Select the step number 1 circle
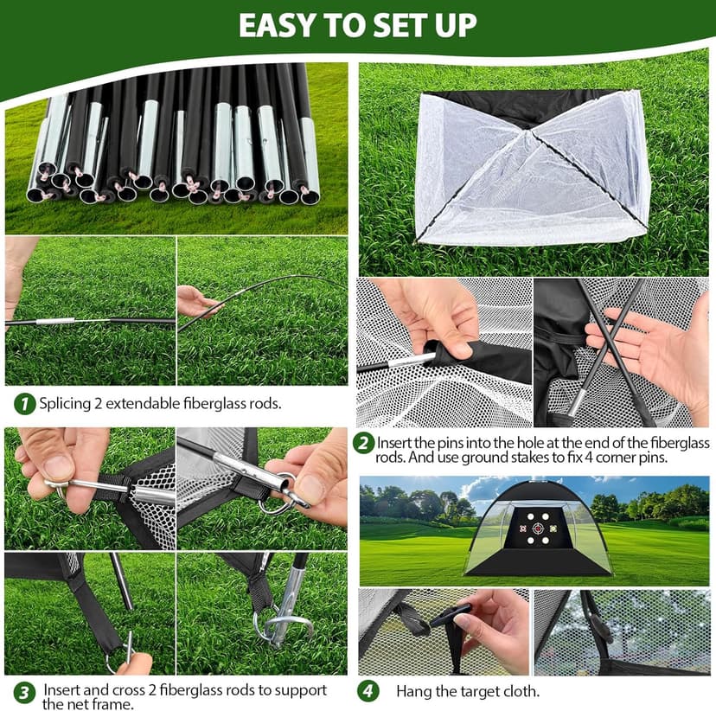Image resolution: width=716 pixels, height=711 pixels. pos(25,403)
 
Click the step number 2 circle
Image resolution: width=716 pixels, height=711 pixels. pos(364,444)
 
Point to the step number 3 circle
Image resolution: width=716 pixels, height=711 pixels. pos(25,691)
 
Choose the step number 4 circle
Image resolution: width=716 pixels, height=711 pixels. pos(369,690)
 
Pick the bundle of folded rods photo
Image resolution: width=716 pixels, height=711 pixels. pos(176,147)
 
